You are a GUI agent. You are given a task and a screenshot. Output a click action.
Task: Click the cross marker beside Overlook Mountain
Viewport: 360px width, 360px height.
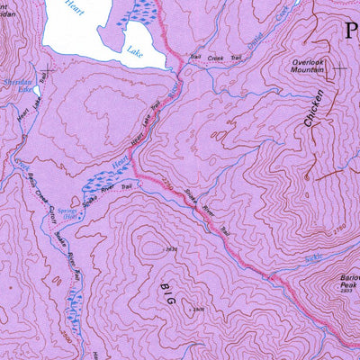[x=340, y=67]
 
